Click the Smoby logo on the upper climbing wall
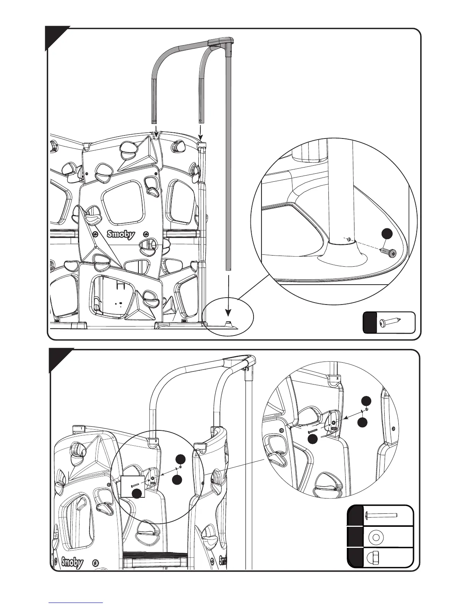[x=120, y=234]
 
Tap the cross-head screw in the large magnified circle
[x=388, y=252]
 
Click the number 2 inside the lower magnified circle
[x=337, y=378]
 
